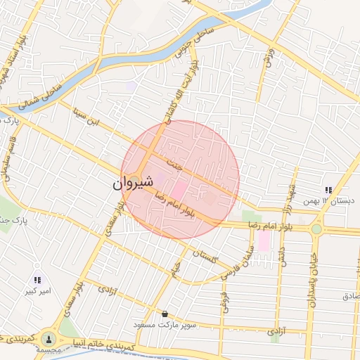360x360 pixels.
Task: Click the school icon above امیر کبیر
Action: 37,280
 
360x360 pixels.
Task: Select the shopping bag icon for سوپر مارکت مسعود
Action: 165,314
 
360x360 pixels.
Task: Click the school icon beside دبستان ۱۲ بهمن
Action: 328,190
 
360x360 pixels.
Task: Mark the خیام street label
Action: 176,267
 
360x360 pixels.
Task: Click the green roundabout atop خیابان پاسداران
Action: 317,228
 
